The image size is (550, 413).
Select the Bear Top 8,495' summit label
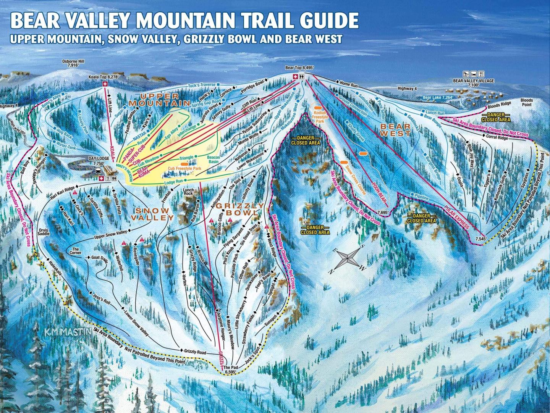299,68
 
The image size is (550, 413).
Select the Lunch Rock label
188,191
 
